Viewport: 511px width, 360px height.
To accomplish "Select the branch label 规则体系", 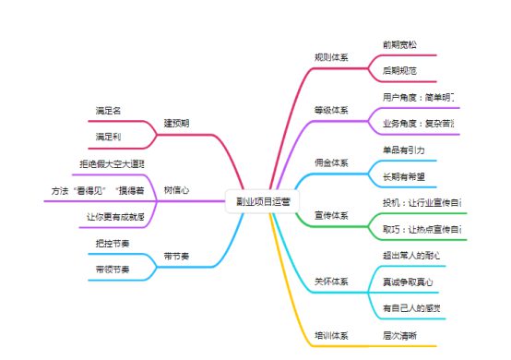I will coord(331,57).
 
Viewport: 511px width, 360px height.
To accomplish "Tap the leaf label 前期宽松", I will coord(399,43).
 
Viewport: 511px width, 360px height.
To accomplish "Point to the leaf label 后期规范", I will coord(399,70).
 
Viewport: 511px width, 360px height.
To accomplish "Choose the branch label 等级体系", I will coord(331,110).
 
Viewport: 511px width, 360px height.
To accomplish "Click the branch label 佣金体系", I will coord(331,162).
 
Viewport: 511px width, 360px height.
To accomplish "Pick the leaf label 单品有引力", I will coord(403,149).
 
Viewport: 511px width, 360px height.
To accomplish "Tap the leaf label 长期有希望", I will coord(403,175).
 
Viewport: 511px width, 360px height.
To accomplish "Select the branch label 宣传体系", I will coord(331,215).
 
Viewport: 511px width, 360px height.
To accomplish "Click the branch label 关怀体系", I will coord(331,282).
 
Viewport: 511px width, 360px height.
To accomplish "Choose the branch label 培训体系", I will coord(331,335).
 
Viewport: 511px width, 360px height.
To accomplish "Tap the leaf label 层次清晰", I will coord(399,335).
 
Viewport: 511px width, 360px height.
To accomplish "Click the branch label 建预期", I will coord(176,123).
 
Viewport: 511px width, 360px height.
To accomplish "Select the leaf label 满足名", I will coord(108,110).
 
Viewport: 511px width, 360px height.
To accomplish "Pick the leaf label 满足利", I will coord(108,137).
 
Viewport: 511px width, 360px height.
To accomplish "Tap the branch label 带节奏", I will coord(176,256).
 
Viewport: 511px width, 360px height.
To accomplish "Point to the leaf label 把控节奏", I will coord(112,243).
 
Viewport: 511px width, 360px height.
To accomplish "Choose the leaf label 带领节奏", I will coord(112,270).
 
